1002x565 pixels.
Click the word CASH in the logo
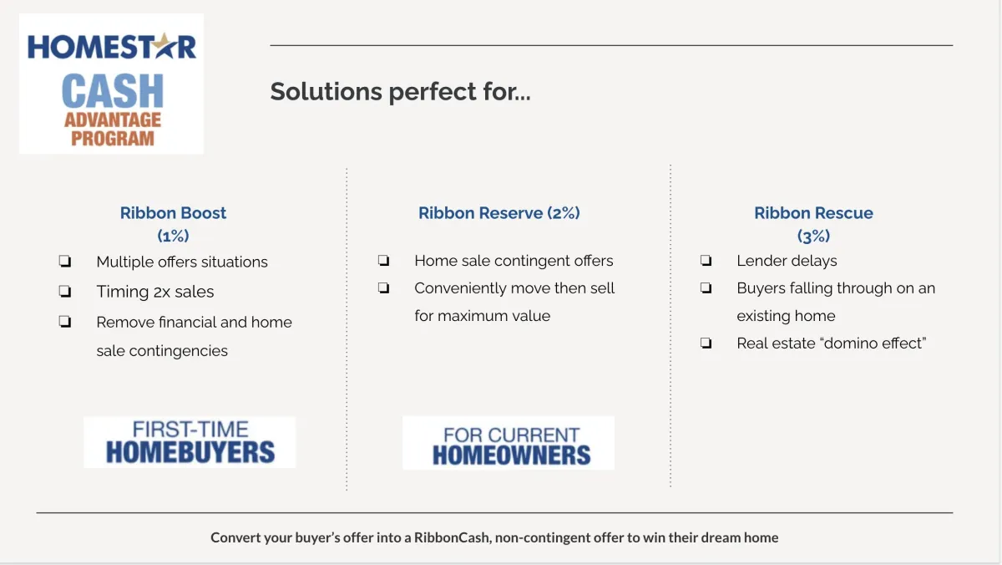113,91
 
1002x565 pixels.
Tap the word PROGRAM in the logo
113,138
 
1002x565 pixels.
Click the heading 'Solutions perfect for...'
400,92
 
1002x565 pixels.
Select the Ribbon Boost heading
173,213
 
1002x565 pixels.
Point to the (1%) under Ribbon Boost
173,236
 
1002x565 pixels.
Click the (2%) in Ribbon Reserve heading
564,213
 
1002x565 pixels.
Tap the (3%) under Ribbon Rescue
813,236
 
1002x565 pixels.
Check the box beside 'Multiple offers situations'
65,261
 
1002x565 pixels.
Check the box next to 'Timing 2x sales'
65,292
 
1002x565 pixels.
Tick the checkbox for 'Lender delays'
706,260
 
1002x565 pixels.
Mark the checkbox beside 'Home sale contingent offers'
384,260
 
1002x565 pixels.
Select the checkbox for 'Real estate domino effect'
706,343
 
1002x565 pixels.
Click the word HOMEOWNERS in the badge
511,455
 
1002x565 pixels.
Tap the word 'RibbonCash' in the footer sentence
452,537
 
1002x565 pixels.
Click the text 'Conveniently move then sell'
514,288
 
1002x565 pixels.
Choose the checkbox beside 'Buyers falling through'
706,288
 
